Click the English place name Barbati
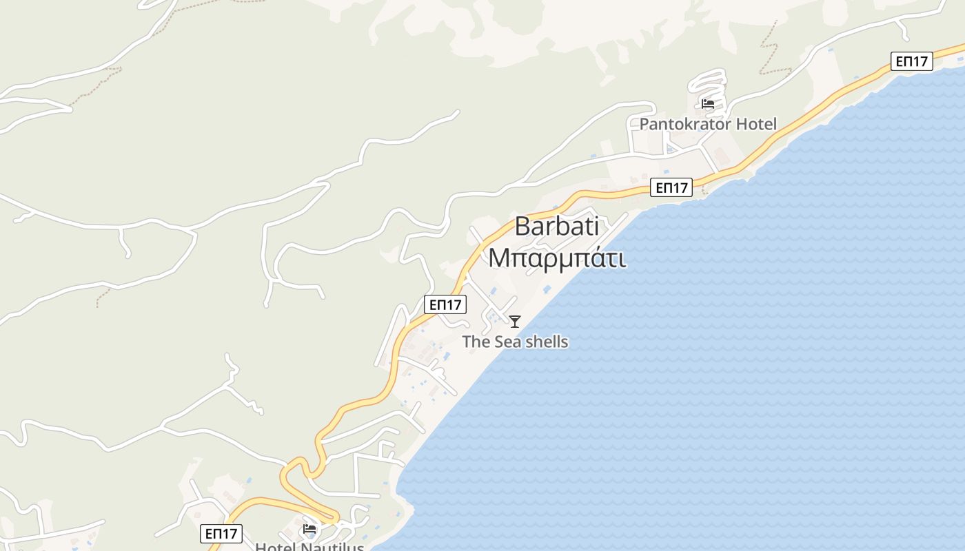click(556, 227)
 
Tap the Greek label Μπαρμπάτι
click(557, 258)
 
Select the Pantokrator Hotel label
click(708, 124)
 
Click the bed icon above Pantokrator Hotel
click(708, 104)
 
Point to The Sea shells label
click(515, 342)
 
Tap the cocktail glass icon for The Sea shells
click(515, 321)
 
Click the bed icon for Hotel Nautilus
click(309, 530)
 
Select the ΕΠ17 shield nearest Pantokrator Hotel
click(671, 187)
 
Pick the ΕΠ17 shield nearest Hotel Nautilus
click(222, 533)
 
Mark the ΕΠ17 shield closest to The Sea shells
click(445, 304)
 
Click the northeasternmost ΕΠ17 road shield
click(911, 61)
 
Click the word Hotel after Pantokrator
click(756, 124)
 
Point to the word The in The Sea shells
click(476, 342)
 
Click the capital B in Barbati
click(522, 227)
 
